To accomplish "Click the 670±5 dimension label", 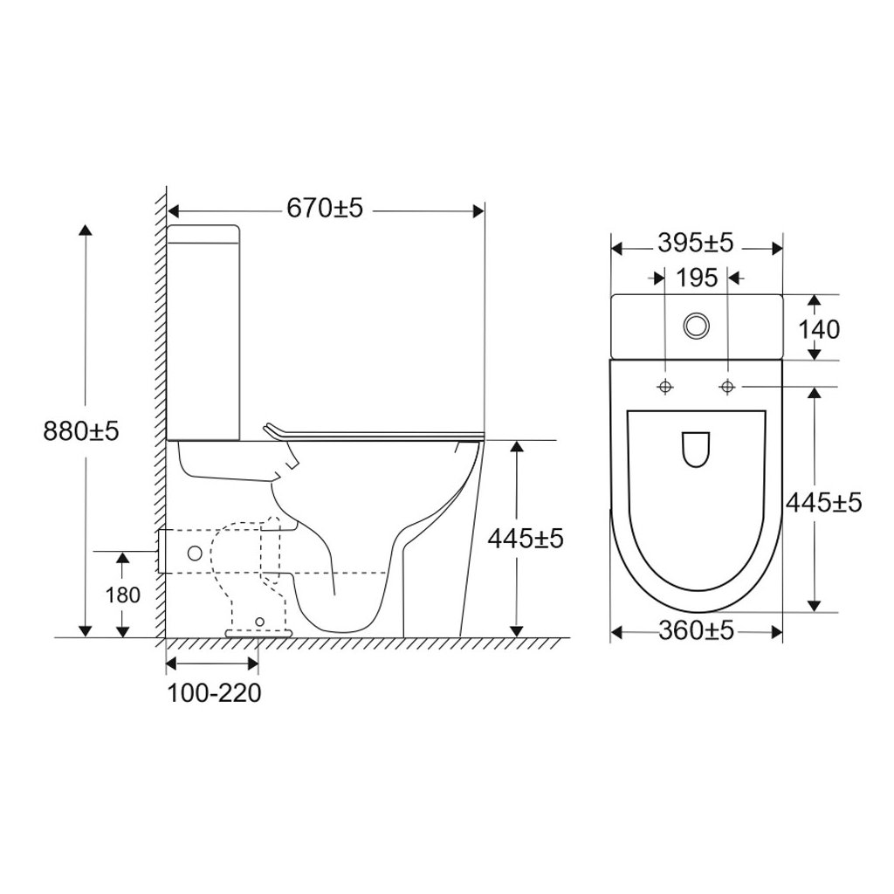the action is click(x=325, y=208).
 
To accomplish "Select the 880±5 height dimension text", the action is click(x=81, y=431).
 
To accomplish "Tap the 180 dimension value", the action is click(x=122, y=595).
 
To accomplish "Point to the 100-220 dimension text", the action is click(x=214, y=692).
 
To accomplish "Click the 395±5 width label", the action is click(x=695, y=244).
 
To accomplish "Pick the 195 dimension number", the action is click(x=697, y=279).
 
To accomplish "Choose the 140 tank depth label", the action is click(x=819, y=329).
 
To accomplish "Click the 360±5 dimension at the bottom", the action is click(x=696, y=631).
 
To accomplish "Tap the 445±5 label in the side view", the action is click(x=525, y=538).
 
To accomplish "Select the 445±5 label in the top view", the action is click(x=823, y=504).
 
